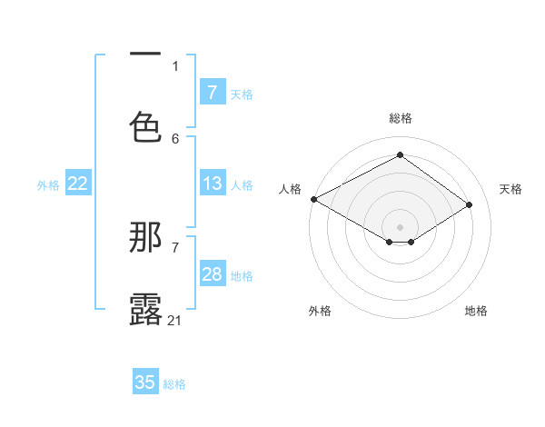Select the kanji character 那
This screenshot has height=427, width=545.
tap(146, 238)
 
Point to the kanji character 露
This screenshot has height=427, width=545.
tap(146, 309)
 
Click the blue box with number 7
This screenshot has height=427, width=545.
tap(212, 92)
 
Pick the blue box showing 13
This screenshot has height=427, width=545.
tap(212, 184)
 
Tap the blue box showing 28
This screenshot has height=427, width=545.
tap(212, 274)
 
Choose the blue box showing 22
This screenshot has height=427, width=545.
tap(78, 184)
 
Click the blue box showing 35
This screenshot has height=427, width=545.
tap(145, 382)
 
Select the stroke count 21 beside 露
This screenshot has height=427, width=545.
tap(175, 320)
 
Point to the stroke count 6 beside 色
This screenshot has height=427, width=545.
tap(175, 138)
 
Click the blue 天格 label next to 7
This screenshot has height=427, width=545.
tap(242, 94)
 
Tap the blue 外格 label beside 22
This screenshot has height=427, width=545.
tap(48, 185)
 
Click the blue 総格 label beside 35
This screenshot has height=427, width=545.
tap(174, 384)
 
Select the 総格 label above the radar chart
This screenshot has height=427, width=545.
tap(401, 118)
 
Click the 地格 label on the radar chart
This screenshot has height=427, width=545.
tap(476, 311)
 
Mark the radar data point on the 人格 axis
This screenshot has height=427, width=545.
tap(313, 199)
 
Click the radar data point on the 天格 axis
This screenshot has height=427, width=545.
tap(470, 204)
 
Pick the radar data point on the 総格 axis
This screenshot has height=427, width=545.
tap(400, 155)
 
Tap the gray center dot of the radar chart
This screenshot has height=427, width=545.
tap(400, 226)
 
